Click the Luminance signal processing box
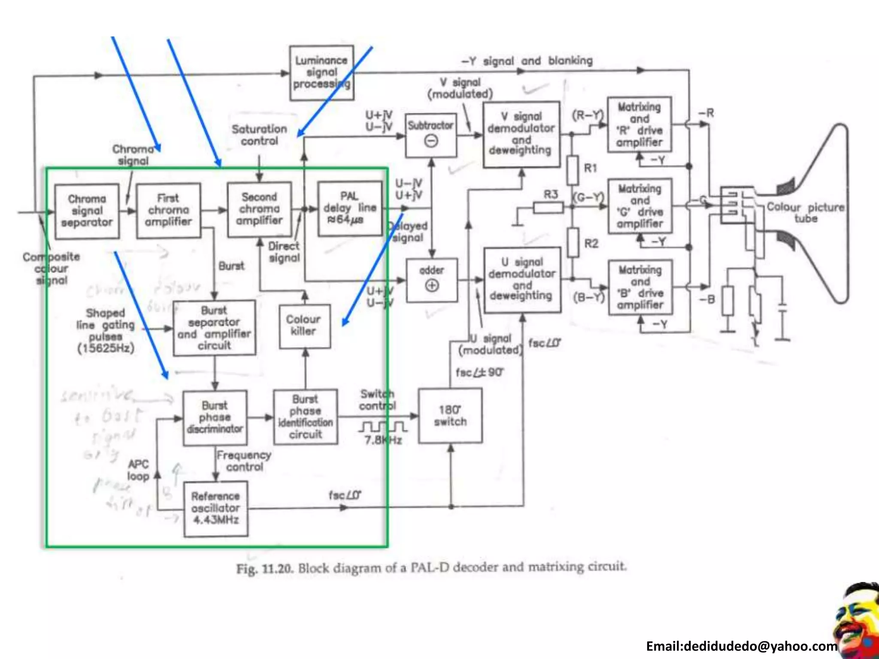(321, 73)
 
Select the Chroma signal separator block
(87, 211)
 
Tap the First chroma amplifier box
(168, 210)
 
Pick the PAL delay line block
(350, 209)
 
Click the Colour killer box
(304, 326)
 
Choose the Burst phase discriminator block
(215, 417)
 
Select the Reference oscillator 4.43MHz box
(215, 508)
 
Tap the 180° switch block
(450, 416)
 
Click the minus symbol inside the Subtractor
(431, 141)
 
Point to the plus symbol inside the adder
(432, 285)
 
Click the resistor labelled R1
(572, 170)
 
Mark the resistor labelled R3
(548, 208)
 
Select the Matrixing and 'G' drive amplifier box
(640, 206)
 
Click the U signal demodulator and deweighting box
(522, 279)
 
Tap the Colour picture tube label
(805, 212)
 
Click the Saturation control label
(259, 135)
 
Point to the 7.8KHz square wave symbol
(383, 427)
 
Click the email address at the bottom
(741, 646)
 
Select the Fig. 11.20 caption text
(431, 568)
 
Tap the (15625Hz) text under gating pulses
(106, 348)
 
